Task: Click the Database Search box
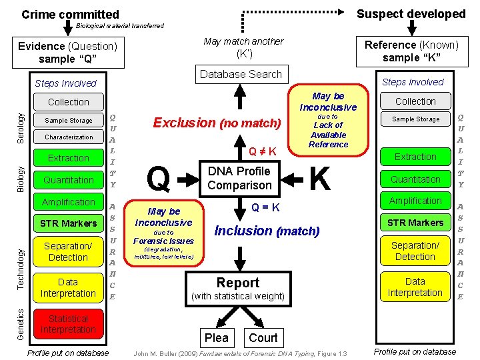pyautogui.click(x=241, y=74)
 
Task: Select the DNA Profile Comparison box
pyautogui.click(x=240, y=178)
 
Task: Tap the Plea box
pyautogui.click(x=216, y=338)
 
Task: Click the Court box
pyautogui.click(x=263, y=338)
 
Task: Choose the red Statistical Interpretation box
pyautogui.click(x=68, y=324)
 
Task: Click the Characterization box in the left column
pyautogui.click(x=69, y=137)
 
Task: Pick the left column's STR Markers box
pyautogui.click(x=69, y=223)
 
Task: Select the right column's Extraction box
pyautogui.click(x=415, y=157)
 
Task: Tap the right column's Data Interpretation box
pyautogui.click(x=415, y=287)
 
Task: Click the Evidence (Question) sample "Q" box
pyautogui.click(x=67, y=52)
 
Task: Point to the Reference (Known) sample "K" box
pyautogui.click(x=411, y=51)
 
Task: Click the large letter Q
pyautogui.click(x=157, y=178)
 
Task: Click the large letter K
pyautogui.click(x=321, y=178)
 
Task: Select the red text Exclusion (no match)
pyautogui.click(x=217, y=123)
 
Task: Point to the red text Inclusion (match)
pyautogui.click(x=267, y=231)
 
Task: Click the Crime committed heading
pyautogui.click(x=70, y=14)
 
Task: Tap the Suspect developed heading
pyautogui.click(x=411, y=13)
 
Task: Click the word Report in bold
pyautogui.click(x=238, y=283)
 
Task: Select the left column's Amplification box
pyautogui.click(x=69, y=202)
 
